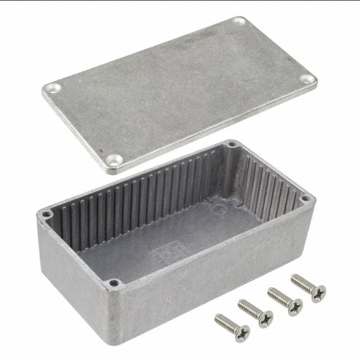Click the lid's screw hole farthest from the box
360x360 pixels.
pos(239,21)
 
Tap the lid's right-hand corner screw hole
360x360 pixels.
pos(307,79)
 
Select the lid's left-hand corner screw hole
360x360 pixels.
pos(53,88)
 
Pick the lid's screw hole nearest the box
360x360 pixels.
pos(115,160)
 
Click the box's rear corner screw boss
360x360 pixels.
pos(231,145)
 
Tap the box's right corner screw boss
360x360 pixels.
pos(304,199)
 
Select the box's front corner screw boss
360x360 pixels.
pos(114,283)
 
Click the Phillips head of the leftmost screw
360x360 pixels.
pos(242,334)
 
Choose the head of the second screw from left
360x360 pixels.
pos(265,319)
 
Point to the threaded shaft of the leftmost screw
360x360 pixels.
pos(225,322)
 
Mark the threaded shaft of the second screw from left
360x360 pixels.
pos(248,308)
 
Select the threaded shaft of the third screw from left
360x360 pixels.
pos(277,295)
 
